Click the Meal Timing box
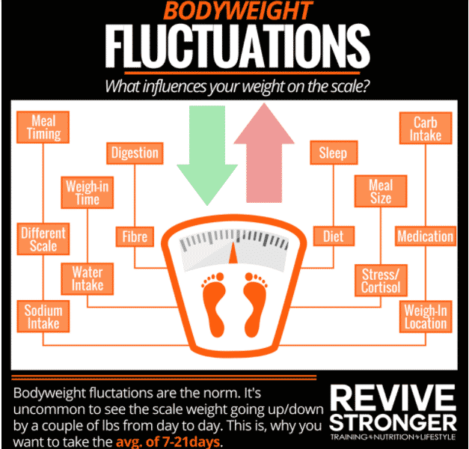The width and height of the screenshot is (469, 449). coord(43,126)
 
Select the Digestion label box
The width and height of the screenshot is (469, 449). coord(135,153)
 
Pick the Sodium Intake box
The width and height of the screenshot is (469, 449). coord(43,317)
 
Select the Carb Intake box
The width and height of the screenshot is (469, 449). coord(426,128)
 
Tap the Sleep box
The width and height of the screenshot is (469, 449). coord(333,153)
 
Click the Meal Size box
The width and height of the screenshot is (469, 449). coord(380,192)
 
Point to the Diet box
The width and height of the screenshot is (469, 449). coord(333,237)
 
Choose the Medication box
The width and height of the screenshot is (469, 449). coord(425,237)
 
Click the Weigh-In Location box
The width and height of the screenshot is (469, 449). coord(425,317)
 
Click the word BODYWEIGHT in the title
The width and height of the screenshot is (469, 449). coord(239,13)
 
